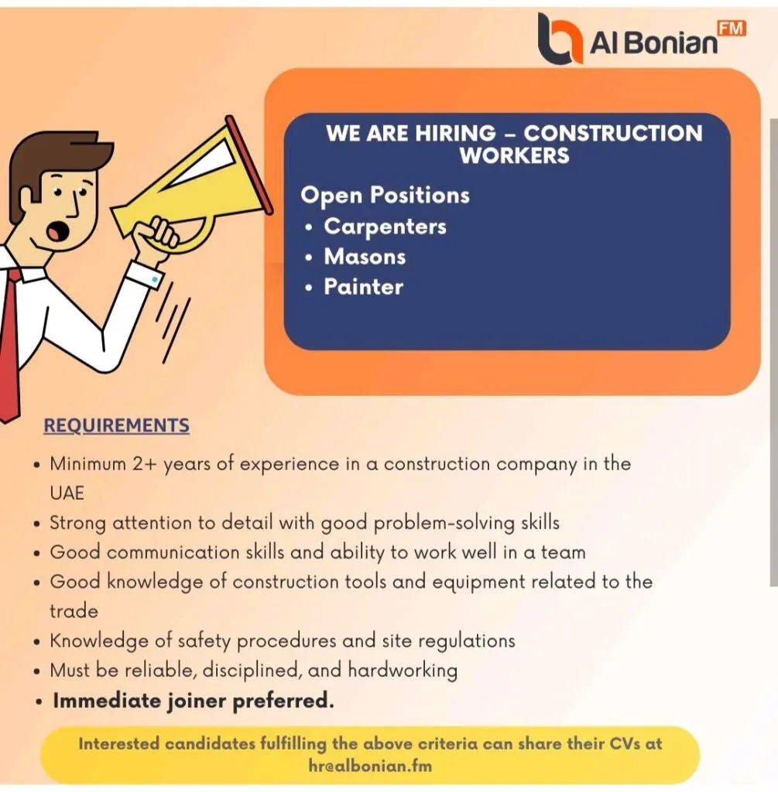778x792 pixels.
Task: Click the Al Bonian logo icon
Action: pyautogui.click(x=560, y=38)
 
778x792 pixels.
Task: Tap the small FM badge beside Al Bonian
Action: pyautogui.click(x=732, y=29)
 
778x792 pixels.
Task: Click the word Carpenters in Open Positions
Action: pyautogui.click(x=385, y=227)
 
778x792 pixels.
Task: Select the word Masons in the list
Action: pyautogui.click(x=365, y=256)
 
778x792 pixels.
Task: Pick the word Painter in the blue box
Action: pyautogui.click(x=363, y=287)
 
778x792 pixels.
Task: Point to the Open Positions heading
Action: pyautogui.click(x=385, y=194)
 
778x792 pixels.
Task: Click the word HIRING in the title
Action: pyautogui.click(x=455, y=133)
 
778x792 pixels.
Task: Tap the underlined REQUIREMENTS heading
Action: pyautogui.click(x=116, y=425)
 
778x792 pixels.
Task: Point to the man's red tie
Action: pyautogui.click(x=11, y=340)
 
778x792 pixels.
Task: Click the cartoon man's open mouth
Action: pyautogui.click(x=57, y=230)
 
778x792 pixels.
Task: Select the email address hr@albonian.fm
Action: pyautogui.click(x=369, y=766)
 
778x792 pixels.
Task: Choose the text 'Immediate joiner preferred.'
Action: pyautogui.click(x=193, y=702)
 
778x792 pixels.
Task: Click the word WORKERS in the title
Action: pyautogui.click(x=514, y=155)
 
